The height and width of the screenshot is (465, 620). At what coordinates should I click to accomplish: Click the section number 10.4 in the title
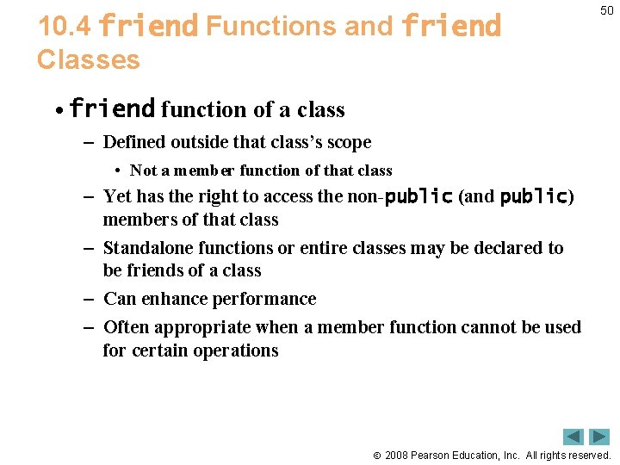pyautogui.click(x=65, y=27)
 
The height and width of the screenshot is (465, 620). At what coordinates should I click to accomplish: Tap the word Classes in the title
pyautogui.click(x=88, y=59)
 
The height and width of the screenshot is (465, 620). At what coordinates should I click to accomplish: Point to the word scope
pyautogui.click(x=346, y=142)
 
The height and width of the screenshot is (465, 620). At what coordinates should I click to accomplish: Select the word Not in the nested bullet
pyautogui.click(x=144, y=170)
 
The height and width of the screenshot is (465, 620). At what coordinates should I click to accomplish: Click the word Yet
pyautogui.click(x=118, y=196)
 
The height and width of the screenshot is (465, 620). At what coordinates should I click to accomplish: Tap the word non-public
pyautogui.click(x=400, y=196)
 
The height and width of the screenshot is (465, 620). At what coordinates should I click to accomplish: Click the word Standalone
pyautogui.click(x=147, y=248)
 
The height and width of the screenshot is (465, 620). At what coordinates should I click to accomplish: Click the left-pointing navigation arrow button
pyautogui.click(x=573, y=437)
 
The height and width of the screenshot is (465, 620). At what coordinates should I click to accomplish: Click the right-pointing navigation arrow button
pyautogui.click(x=599, y=437)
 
